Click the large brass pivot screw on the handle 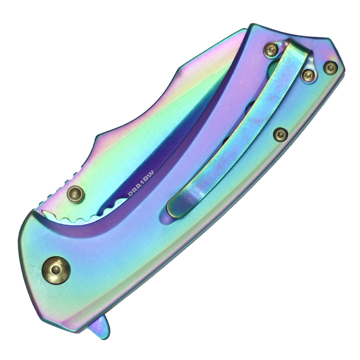pyautogui.click(x=56, y=270)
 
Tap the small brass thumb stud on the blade pyautogui.click(x=76, y=194)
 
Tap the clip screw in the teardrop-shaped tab pyautogui.click(x=308, y=75)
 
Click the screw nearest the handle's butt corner pyautogui.click(x=330, y=67)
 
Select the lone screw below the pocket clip pyautogui.click(x=280, y=134)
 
